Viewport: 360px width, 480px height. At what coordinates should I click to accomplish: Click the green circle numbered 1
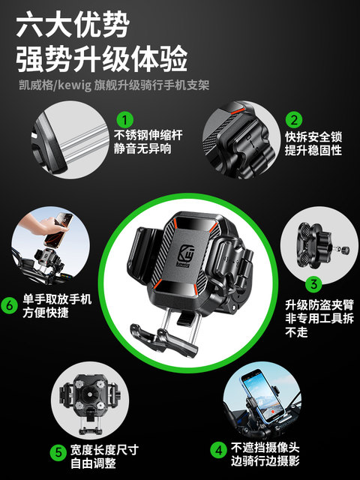pyautogui.click(x=126, y=120)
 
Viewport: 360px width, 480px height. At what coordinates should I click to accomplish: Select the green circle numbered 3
pyautogui.click(x=313, y=283)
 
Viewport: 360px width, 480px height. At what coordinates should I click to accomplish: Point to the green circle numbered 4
pyautogui.click(x=218, y=450)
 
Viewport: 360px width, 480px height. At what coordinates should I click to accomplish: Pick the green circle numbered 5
pyautogui.click(x=58, y=452)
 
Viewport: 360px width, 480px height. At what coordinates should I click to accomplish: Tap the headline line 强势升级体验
pyautogui.click(x=101, y=58)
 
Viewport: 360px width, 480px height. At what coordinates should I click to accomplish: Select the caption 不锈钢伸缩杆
pyautogui.click(x=147, y=136)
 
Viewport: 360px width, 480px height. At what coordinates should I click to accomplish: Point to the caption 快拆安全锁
pyautogui.click(x=313, y=137)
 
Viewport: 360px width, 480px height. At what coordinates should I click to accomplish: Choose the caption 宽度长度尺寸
pyautogui.click(x=104, y=450)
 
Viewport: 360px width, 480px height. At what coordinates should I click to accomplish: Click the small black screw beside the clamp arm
pyautogui.click(x=339, y=247)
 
